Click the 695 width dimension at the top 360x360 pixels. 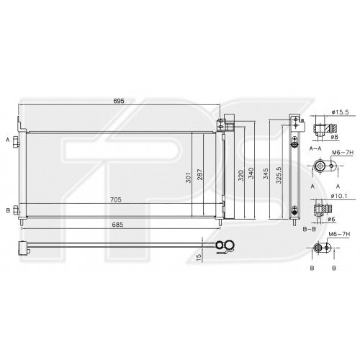(x=119, y=101)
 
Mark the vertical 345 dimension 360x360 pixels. (x=267, y=175)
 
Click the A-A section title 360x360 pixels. (x=315, y=147)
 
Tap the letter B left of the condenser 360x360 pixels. (x=6, y=190)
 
